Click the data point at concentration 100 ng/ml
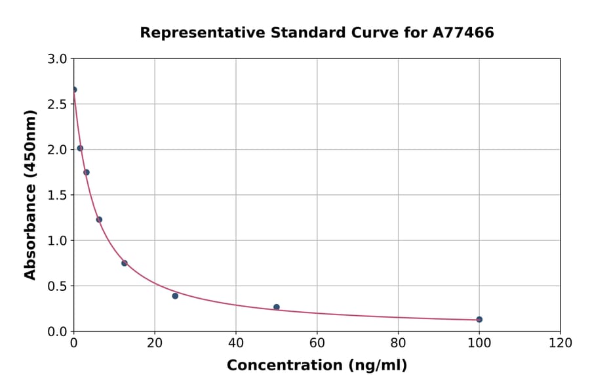pos(479,320)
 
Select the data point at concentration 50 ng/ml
pos(277,307)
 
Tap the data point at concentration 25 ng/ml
pos(175,296)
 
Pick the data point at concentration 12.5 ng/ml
pos(125,263)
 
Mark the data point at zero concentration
pos(74,90)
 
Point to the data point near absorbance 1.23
pos(99,220)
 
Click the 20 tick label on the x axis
pos(155,343)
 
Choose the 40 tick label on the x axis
pos(236,343)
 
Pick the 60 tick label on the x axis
pos(317,343)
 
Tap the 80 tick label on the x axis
pos(398,343)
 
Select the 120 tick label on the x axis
pos(560,343)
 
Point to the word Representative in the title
pos(193,33)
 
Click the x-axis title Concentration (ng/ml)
pos(317,366)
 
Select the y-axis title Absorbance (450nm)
pos(30,194)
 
